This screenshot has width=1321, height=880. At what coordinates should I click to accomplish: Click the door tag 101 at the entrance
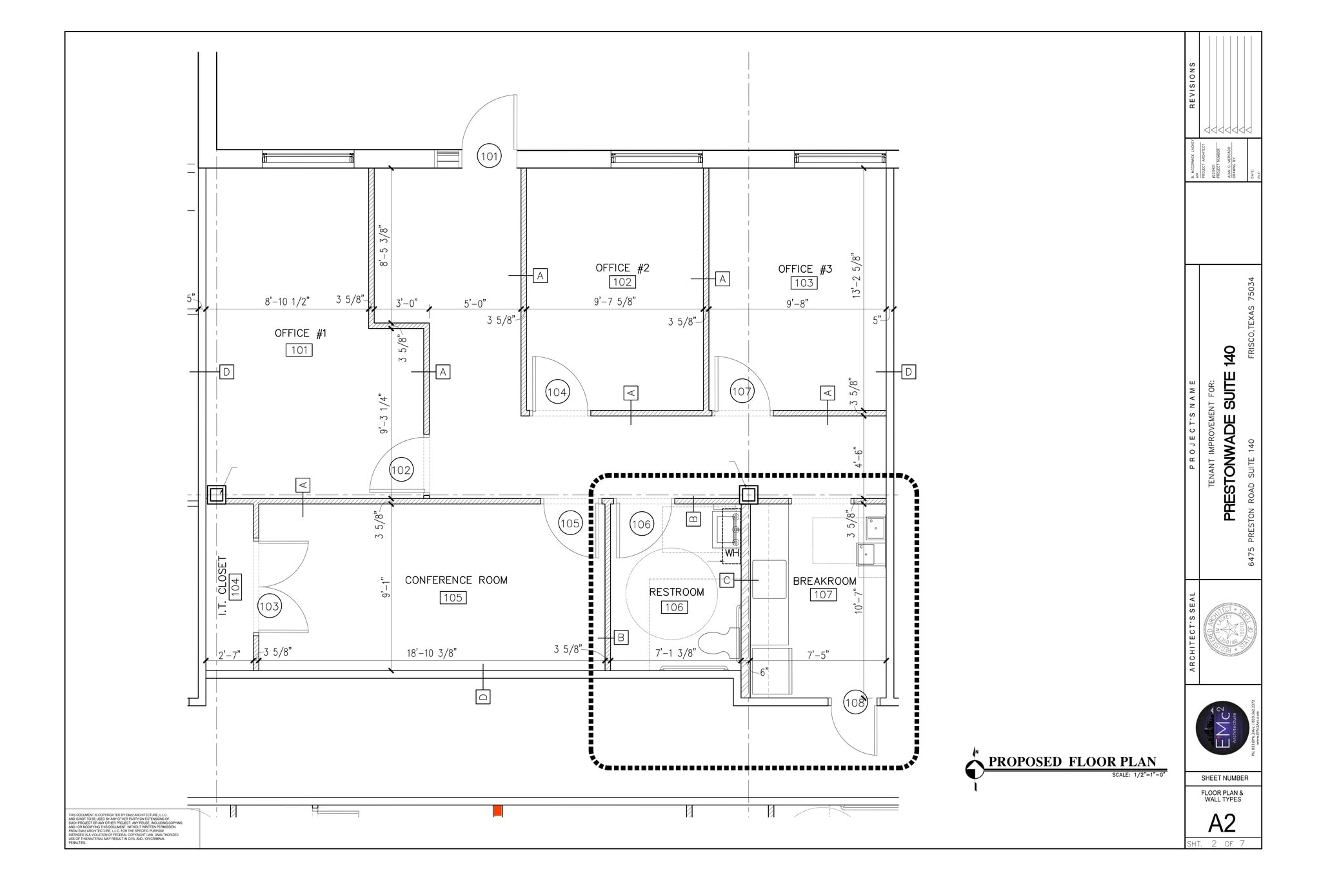[489, 156]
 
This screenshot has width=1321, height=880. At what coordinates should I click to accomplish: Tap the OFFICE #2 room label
[622, 268]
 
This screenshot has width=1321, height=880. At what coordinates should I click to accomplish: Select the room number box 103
[804, 283]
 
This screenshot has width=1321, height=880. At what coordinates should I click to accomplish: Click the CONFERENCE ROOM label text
[456, 580]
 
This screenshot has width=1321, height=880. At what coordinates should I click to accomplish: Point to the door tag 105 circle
[570, 523]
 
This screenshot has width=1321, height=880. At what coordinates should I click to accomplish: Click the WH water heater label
[731, 553]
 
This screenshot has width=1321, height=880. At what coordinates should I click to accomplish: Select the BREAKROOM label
[824, 581]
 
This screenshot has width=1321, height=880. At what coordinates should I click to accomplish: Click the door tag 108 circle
[855, 703]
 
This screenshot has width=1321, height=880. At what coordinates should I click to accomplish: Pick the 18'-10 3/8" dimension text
[432, 653]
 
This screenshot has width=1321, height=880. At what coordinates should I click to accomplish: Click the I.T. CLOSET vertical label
[223, 585]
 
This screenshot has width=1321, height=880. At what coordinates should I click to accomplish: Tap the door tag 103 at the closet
[269, 606]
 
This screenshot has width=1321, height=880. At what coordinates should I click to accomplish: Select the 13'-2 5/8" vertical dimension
[857, 275]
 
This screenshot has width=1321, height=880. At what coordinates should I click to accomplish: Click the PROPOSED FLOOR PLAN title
[1072, 762]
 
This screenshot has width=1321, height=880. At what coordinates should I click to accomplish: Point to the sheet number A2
[1222, 823]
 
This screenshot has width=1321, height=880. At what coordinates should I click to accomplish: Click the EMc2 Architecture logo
[1222, 727]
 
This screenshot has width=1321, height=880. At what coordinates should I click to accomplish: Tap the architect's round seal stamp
[1231, 631]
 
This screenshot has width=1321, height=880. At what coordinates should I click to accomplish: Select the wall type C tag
[726, 580]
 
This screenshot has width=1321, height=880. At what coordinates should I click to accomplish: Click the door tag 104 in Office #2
[557, 392]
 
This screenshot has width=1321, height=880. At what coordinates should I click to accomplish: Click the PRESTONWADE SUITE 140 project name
[1229, 433]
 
